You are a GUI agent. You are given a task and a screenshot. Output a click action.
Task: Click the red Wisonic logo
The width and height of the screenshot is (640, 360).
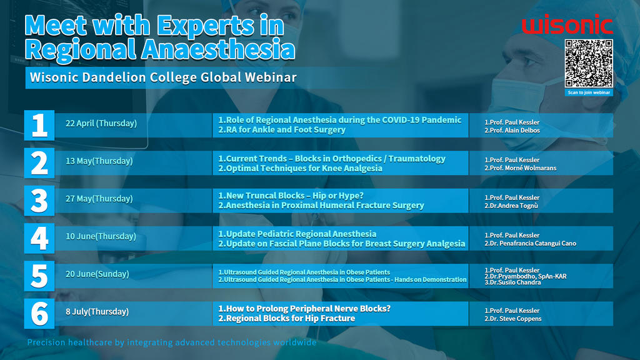point(567,24)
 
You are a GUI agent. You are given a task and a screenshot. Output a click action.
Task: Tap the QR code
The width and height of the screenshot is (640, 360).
point(589,63)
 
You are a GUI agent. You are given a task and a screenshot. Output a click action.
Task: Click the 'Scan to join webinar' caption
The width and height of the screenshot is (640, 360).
point(589,92)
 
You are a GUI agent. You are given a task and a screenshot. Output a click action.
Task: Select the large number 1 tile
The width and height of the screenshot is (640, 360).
point(39,125)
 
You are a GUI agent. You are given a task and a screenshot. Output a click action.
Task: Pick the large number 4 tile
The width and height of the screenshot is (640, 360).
point(39,238)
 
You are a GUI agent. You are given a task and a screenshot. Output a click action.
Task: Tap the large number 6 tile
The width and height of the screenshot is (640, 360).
point(39,314)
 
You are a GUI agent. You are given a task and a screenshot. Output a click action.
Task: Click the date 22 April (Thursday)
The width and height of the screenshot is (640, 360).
point(101,123)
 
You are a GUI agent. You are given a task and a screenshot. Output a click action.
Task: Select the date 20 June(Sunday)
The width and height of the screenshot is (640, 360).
point(97,274)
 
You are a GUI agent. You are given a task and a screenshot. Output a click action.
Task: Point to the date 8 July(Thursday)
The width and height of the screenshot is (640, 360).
point(97,312)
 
